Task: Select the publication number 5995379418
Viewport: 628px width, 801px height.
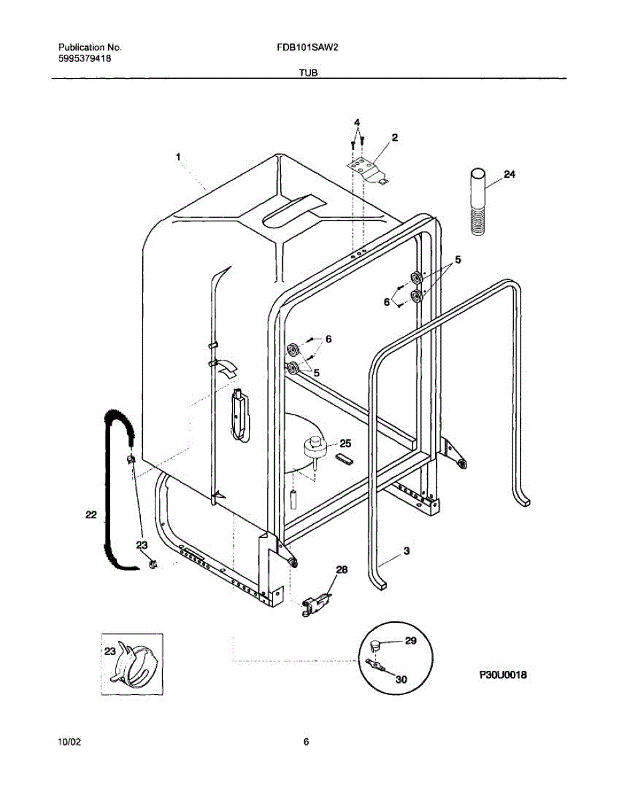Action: (85, 59)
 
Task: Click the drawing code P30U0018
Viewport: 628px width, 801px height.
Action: (503, 675)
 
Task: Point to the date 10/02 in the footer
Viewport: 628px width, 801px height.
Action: (71, 742)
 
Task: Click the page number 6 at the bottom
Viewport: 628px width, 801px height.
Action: (306, 742)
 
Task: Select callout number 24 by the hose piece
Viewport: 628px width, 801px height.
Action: (509, 174)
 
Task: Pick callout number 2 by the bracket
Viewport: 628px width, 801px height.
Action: (394, 138)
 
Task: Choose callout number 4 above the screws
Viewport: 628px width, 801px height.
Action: (357, 123)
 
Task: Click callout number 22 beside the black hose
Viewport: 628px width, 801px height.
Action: (92, 515)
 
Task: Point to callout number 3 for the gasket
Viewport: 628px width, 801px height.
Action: (406, 551)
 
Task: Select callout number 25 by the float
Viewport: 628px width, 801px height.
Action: (345, 443)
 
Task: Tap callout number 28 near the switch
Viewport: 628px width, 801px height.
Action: (341, 569)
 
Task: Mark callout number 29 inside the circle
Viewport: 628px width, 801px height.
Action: (410, 640)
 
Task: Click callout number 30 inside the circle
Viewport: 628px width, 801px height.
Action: (400, 680)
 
